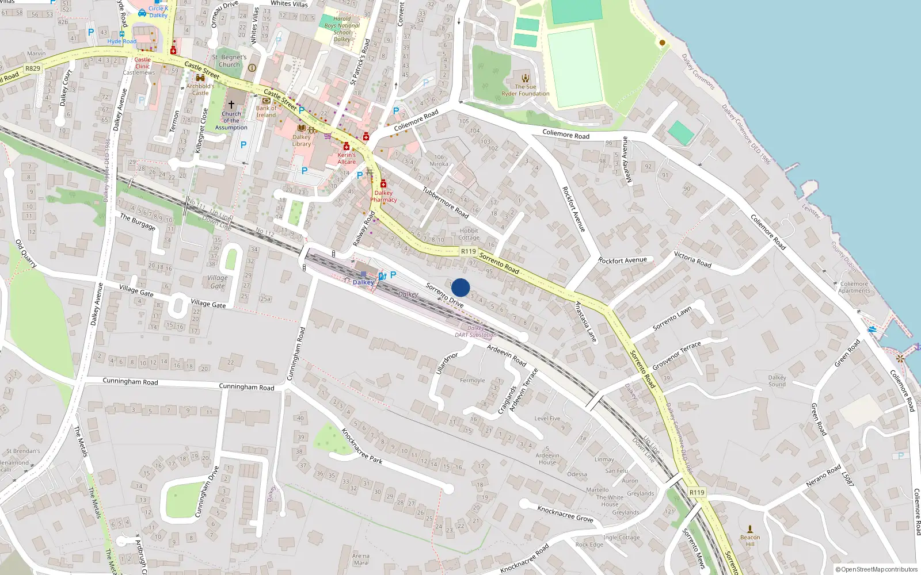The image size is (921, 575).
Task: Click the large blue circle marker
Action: click(461, 287)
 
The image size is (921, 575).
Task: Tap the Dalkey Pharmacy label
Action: click(383, 197)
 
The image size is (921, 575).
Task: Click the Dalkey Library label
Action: click(302, 140)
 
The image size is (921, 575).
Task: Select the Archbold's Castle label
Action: click(200, 89)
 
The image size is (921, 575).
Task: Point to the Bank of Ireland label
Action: click(266, 112)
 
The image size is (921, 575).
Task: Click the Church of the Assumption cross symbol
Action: click(231, 105)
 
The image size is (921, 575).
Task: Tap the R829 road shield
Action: click(33, 68)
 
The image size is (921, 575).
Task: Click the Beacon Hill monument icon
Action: click(750, 529)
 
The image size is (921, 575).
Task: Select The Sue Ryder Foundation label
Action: click(525, 90)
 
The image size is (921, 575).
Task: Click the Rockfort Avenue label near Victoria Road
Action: click(622, 260)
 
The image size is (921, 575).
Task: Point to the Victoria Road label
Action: click(692, 260)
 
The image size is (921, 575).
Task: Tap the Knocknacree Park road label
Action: click(361, 446)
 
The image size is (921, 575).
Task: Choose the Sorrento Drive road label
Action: click(444, 295)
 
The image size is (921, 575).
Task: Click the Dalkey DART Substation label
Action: click(475, 331)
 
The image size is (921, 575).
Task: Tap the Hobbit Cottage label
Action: click(469, 234)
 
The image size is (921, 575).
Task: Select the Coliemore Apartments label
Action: click(854, 287)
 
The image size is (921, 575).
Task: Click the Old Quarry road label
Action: click(26, 254)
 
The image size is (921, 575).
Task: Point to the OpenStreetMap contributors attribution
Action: click(876, 569)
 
